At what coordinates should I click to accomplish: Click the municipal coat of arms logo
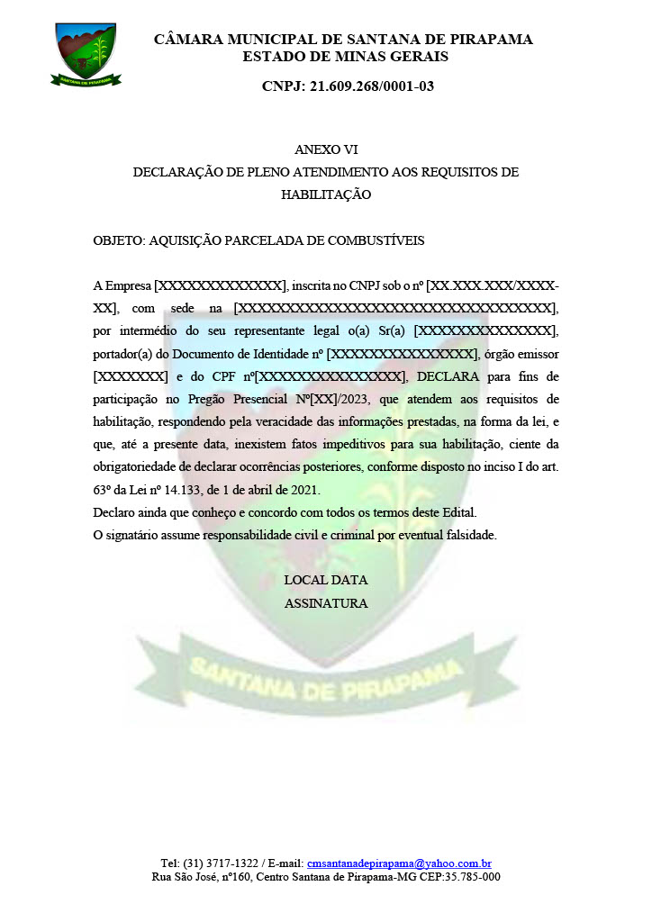[x=86, y=53]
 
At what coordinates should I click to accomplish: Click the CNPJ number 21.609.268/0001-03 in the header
[x=348, y=86]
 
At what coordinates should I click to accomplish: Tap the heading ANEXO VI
[x=325, y=149]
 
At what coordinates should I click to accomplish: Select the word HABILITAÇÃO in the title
[x=325, y=194]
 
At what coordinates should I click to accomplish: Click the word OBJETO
[x=118, y=241]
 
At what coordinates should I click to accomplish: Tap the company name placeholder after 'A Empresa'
[x=220, y=286]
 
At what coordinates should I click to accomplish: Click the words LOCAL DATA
[x=325, y=581]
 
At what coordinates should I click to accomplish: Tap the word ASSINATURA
[x=325, y=603]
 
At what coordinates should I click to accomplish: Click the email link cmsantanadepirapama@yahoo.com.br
[x=398, y=863]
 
